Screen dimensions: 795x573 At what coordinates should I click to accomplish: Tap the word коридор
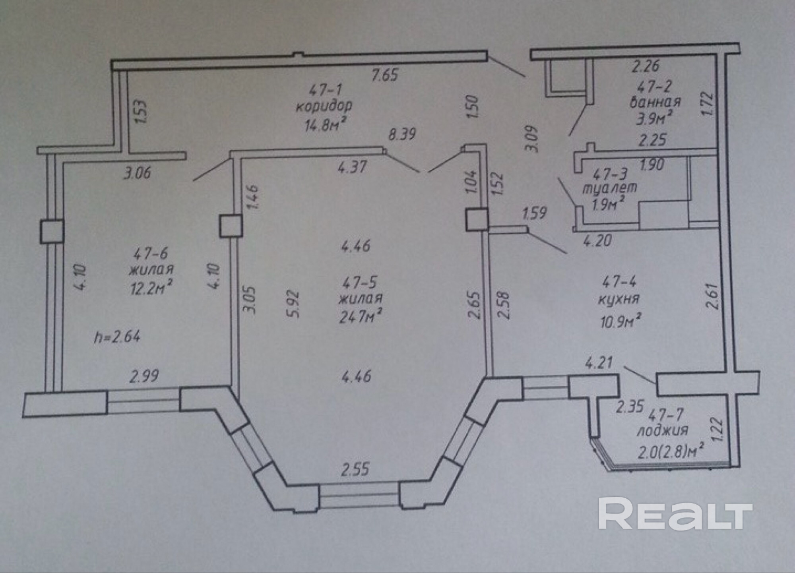click(x=324, y=106)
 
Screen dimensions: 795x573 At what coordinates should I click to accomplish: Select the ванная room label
click(x=655, y=102)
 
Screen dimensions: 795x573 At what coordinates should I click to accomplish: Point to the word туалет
click(x=610, y=188)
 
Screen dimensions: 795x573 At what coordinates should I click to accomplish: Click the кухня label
click(x=619, y=299)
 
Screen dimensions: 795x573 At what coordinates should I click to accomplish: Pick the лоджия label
click(x=662, y=431)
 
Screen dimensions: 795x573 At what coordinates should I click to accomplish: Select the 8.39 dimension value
click(x=402, y=134)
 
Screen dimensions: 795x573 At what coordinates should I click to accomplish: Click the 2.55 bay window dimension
click(x=355, y=469)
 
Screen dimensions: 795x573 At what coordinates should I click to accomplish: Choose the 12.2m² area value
click(x=151, y=287)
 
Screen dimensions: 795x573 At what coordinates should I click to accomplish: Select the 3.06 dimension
click(x=137, y=173)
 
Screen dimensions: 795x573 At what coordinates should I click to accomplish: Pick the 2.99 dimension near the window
click(x=144, y=376)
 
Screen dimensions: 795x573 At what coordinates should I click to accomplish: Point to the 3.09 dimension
click(x=532, y=139)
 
